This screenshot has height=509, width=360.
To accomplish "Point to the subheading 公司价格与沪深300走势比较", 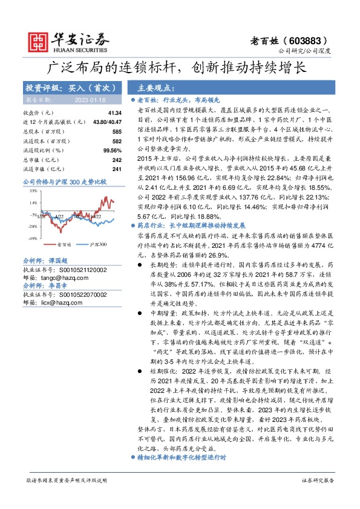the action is point(64,181).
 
